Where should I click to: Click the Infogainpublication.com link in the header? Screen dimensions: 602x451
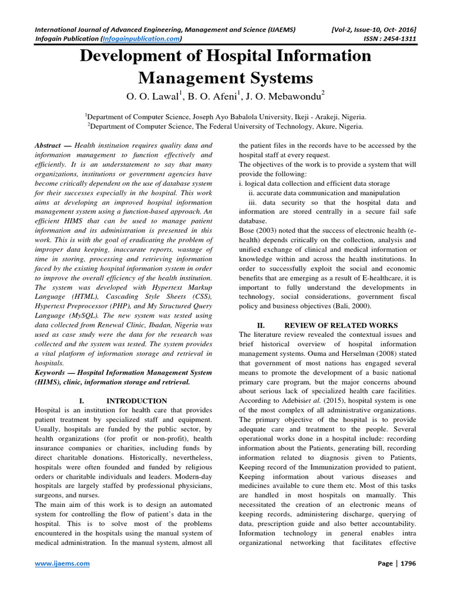pyautogui.click(x=141, y=39)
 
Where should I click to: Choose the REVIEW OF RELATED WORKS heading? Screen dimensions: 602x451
pyautogui.click(x=341, y=325)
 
